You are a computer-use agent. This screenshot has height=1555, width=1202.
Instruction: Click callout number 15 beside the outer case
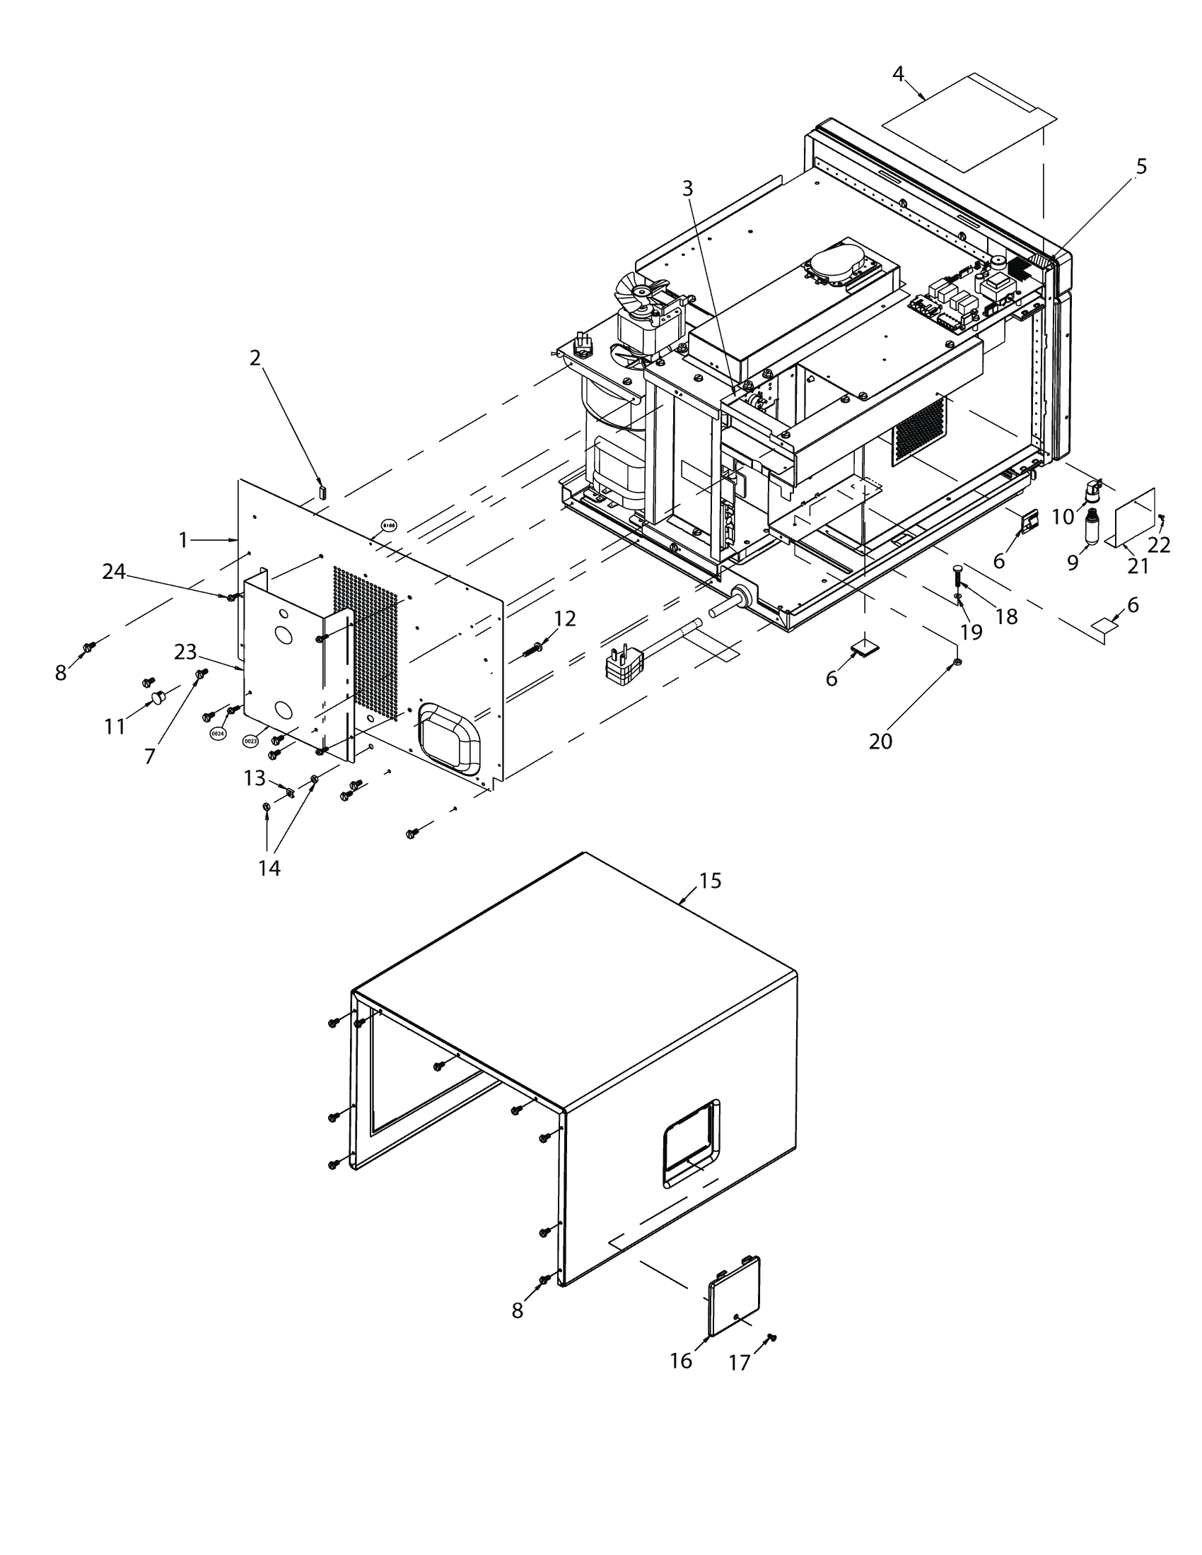(710, 881)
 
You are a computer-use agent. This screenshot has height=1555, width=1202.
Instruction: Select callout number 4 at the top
(899, 74)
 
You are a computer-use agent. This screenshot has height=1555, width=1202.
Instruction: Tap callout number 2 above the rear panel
(256, 358)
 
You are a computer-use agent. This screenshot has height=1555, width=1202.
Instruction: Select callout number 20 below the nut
(880, 741)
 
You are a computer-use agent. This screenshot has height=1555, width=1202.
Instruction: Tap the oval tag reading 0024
(218, 733)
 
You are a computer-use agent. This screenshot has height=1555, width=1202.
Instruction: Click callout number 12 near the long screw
(565, 618)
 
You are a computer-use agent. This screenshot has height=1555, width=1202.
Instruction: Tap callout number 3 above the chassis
(687, 188)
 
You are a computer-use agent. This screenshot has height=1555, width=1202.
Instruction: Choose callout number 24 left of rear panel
(114, 571)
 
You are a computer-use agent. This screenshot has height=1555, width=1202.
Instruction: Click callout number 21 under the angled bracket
(1138, 566)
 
